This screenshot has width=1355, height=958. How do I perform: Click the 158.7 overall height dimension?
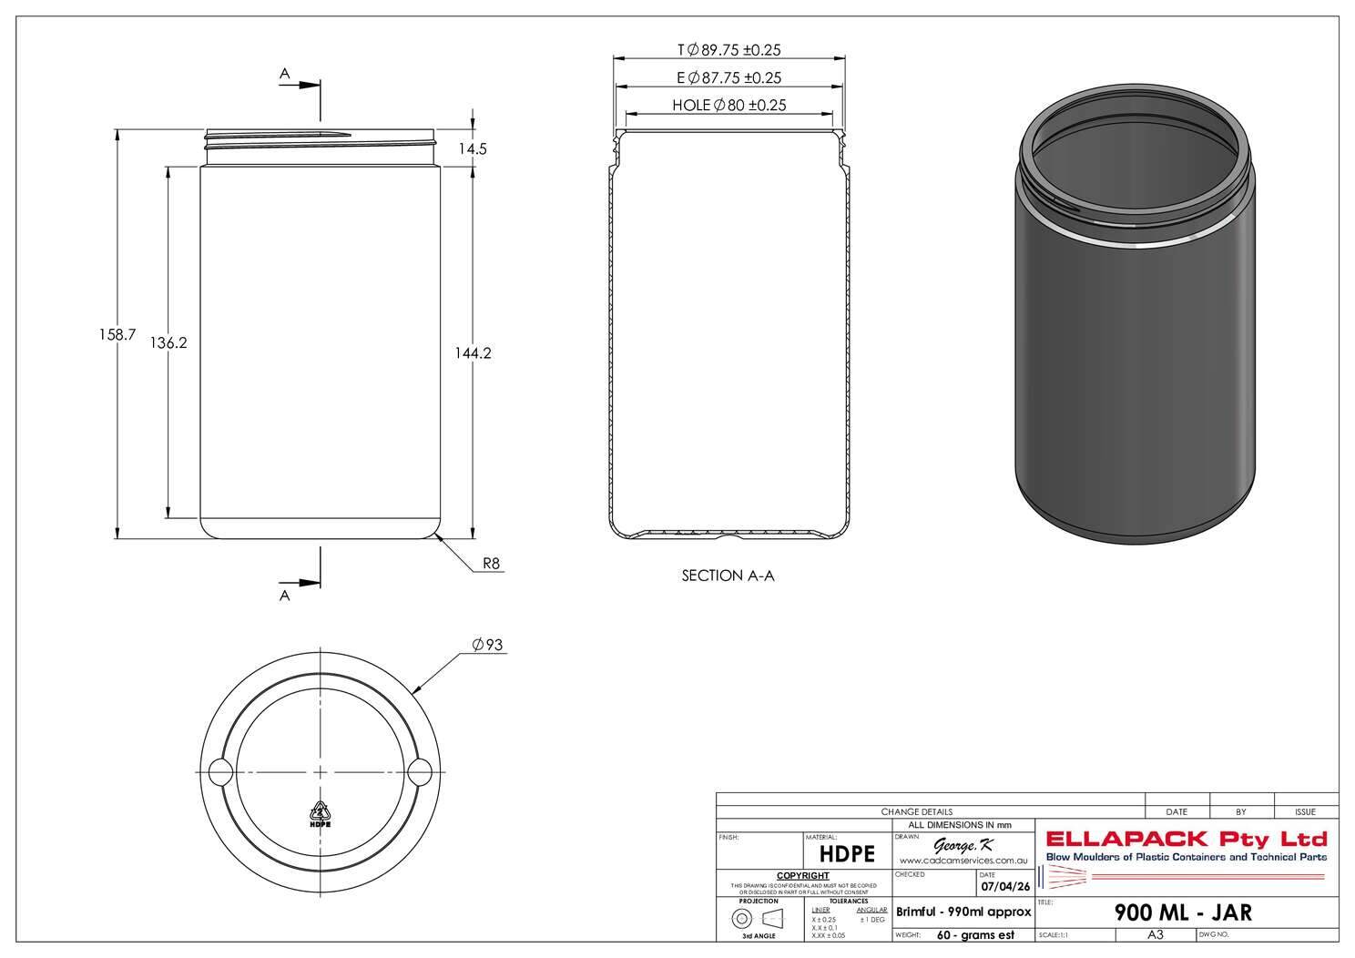(x=117, y=335)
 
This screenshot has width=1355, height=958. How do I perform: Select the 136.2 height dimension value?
(x=168, y=343)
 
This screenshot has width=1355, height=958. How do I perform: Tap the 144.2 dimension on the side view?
(x=473, y=353)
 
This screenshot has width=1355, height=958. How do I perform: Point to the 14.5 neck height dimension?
(x=472, y=149)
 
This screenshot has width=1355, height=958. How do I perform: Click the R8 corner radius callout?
(x=491, y=564)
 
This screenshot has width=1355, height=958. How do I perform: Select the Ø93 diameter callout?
(x=487, y=646)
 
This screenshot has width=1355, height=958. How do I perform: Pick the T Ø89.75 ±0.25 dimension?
(x=728, y=51)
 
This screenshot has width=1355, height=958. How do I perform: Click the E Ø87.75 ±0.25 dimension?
(x=728, y=78)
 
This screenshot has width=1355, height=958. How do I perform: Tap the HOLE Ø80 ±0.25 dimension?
(x=728, y=106)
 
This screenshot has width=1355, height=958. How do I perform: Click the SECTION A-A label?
(x=728, y=576)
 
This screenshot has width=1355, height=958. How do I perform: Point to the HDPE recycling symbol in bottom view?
(x=320, y=813)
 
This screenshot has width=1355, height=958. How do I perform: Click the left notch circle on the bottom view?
(x=220, y=772)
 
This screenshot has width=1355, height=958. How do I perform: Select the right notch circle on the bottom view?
(x=419, y=772)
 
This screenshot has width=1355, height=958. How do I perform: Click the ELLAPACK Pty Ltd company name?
(x=1187, y=839)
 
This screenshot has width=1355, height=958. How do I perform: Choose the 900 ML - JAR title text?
(x=1183, y=912)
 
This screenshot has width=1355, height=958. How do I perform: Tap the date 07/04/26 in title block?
(x=1004, y=886)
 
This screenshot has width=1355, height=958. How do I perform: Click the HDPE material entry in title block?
(x=847, y=853)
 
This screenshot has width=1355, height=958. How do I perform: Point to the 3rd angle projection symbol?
(x=759, y=918)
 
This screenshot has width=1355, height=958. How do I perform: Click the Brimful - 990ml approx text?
(x=963, y=912)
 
